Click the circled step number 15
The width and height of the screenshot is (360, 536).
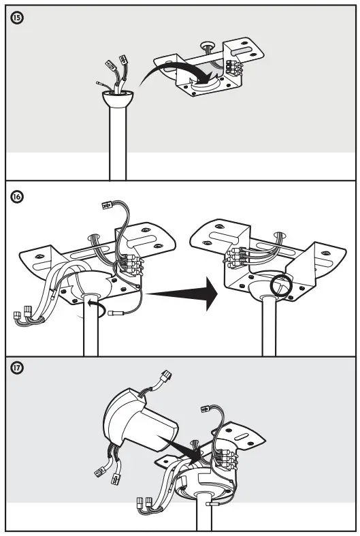point(17,18)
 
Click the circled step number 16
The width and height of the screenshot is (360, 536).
point(17,197)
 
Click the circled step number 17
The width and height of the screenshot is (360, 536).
point(17,368)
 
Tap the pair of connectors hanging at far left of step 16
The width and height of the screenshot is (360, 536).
point(24,314)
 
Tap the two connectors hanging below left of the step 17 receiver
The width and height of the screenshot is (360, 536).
point(105,469)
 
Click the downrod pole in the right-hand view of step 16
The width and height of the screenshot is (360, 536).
point(268,334)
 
